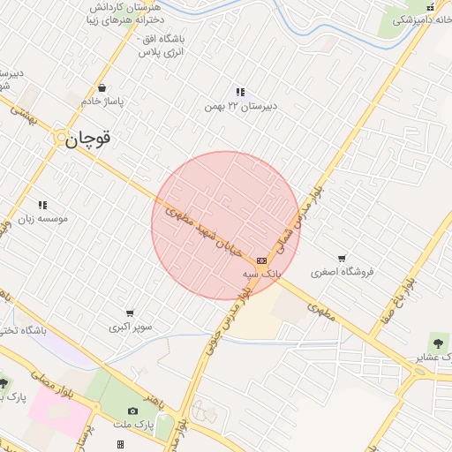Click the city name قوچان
pyautogui.click(x=88, y=138)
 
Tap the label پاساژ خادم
pyautogui.click(x=104, y=102)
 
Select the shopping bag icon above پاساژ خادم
pyautogui.click(x=104, y=88)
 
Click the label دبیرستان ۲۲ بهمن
pyautogui.click(x=240, y=106)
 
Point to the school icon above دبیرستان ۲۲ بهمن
pyautogui.click(x=240, y=92)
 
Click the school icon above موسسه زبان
pyautogui.click(x=41, y=206)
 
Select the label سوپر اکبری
pyautogui.click(x=130, y=328)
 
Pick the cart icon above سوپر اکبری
pyautogui.click(x=130, y=313)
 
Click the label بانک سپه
pyautogui.click(x=261, y=275)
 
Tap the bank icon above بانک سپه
pyautogui.click(x=261, y=261)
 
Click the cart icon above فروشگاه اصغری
pyautogui.click(x=342, y=258)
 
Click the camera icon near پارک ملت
pyautogui.click(x=133, y=411)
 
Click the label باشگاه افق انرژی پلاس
pyautogui.click(x=161, y=46)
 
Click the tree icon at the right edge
pyautogui.click(x=438, y=343)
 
